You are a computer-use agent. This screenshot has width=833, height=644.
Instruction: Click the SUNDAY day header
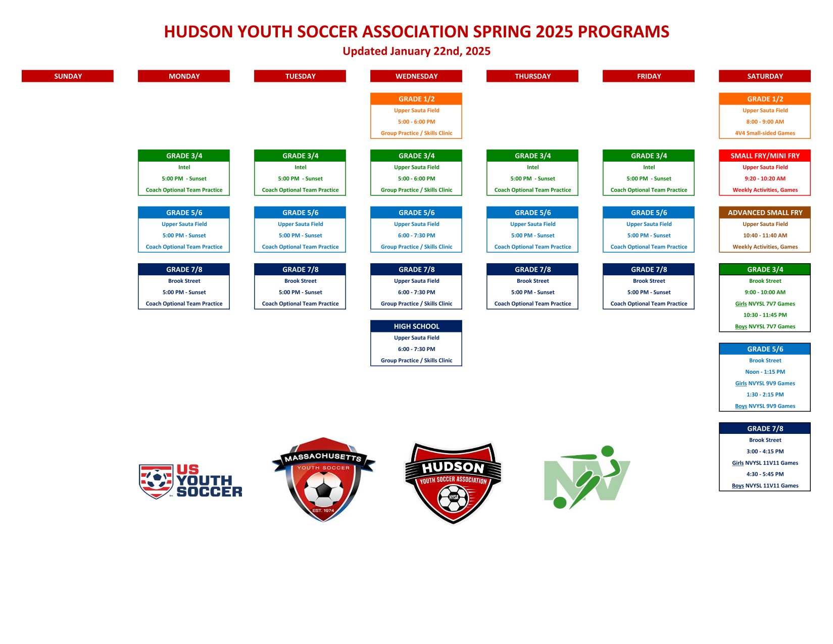pyautogui.click(x=68, y=76)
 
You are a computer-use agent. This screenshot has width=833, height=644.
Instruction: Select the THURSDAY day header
pyautogui.click(x=532, y=76)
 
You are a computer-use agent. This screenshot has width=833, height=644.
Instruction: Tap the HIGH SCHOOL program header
pyautogui.click(x=416, y=326)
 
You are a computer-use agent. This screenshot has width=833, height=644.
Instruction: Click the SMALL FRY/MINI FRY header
pyautogui.click(x=764, y=156)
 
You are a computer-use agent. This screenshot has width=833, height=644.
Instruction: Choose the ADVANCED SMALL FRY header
pyautogui.click(x=764, y=212)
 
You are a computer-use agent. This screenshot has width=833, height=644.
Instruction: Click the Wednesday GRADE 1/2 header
pyautogui.click(x=416, y=99)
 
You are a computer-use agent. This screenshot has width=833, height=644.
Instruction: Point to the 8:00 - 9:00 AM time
pyautogui.click(x=765, y=121)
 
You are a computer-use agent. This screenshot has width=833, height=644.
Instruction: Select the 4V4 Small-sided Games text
pyautogui.click(x=765, y=133)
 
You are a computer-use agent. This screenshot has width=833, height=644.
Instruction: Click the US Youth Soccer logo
pyautogui.click(x=190, y=481)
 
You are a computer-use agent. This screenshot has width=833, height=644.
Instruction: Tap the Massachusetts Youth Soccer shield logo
pyautogui.click(x=323, y=479)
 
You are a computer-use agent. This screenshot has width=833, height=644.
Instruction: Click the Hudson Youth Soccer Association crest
pyautogui.click(x=453, y=483)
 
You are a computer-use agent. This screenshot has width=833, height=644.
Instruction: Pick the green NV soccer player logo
pyautogui.click(x=587, y=477)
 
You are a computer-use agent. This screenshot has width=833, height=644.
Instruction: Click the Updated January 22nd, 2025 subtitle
pyautogui.click(x=416, y=51)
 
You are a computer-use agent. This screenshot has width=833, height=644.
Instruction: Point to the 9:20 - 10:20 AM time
pyautogui.click(x=765, y=178)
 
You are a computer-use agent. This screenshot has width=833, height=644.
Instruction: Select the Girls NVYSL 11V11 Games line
pyautogui.click(x=765, y=462)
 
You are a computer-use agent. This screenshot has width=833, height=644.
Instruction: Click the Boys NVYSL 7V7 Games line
pyautogui.click(x=765, y=326)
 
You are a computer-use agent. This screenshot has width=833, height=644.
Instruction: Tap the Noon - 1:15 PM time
pyautogui.click(x=765, y=372)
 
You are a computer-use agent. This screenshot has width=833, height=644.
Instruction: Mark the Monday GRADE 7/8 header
pyautogui.click(x=184, y=269)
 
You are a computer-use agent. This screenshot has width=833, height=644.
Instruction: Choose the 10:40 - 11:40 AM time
pyautogui.click(x=765, y=235)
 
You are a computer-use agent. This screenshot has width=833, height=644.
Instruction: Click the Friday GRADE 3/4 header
pyautogui.click(x=648, y=156)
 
